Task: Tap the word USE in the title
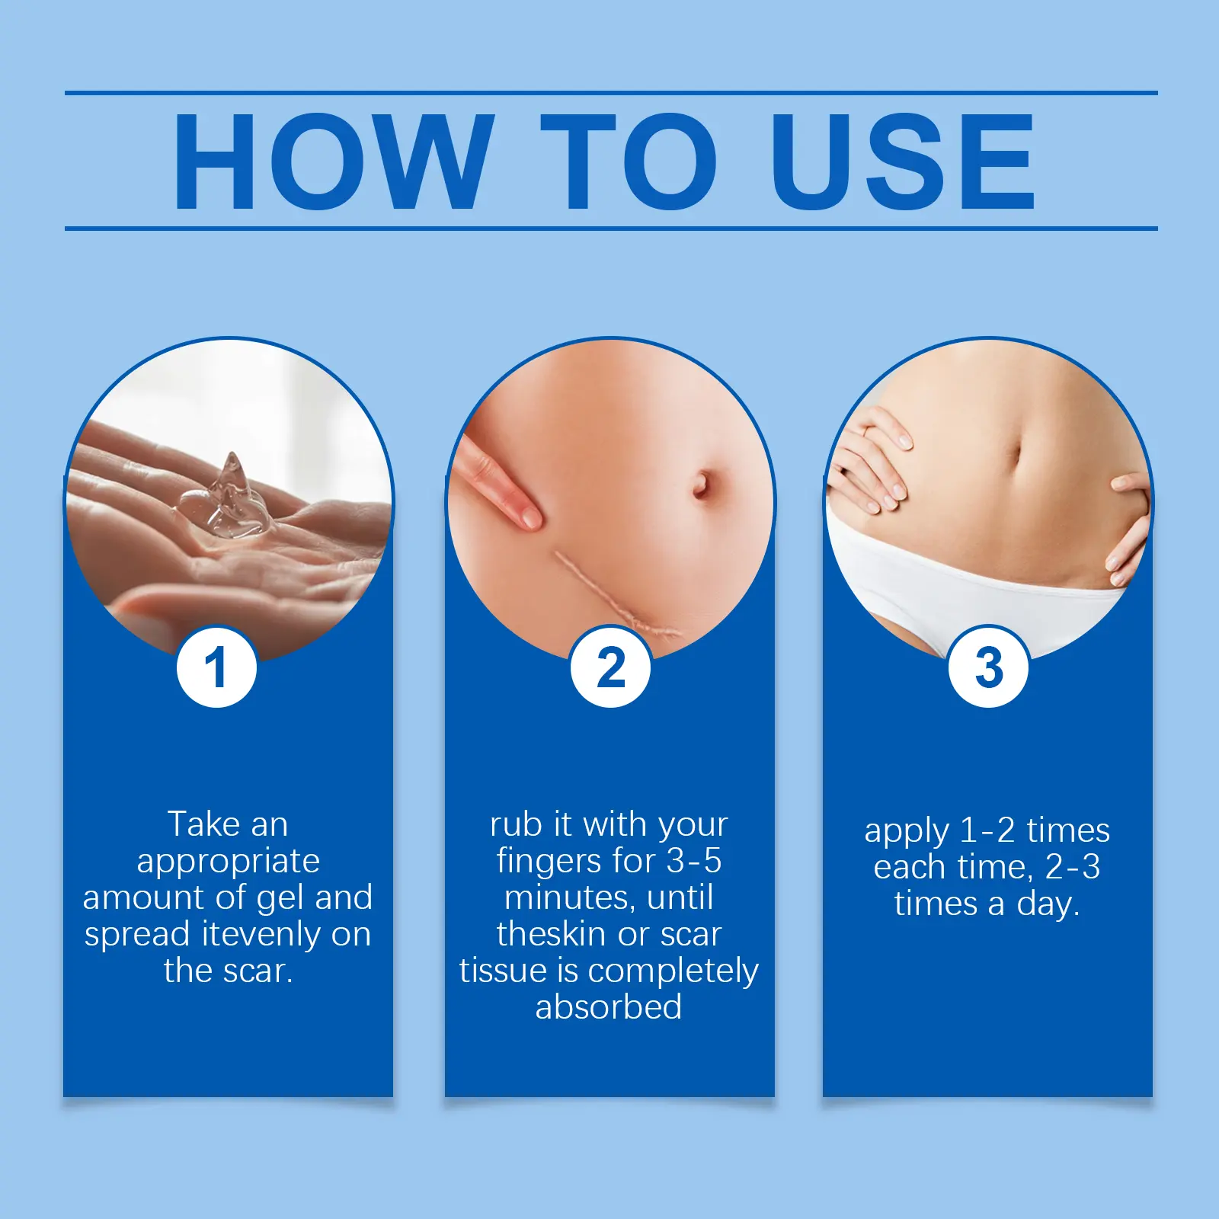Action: click(x=903, y=161)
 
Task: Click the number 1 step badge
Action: click(x=216, y=667)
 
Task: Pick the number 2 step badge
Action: click(x=610, y=667)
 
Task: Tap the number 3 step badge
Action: click(x=988, y=667)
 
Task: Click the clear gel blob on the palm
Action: click(x=221, y=499)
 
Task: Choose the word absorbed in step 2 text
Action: click(x=609, y=1006)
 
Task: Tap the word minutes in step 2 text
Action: click(x=571, y=897)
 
